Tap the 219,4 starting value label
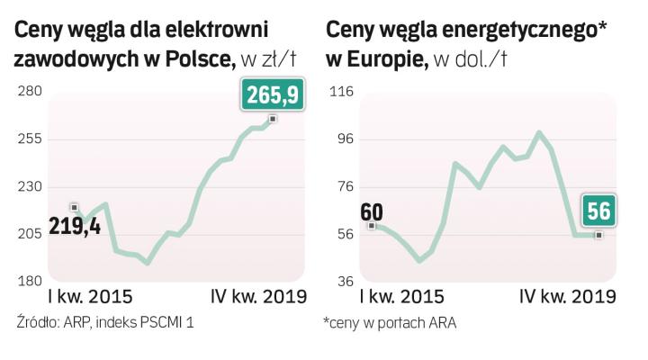click(x=75, y=226)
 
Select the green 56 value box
click(x=598, y=211)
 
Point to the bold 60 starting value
click(x=371, y=212)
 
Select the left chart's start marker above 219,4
click(x=74, y=207)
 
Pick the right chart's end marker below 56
click(x=598, y=235)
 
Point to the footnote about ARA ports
click(x=390, y=322)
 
